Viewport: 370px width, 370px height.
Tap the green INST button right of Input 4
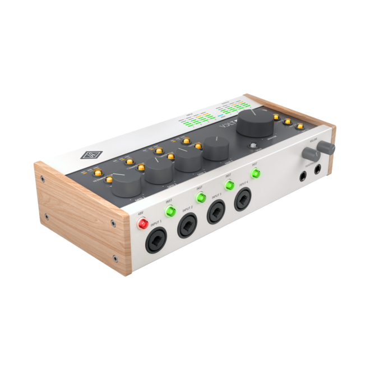pos(256,173)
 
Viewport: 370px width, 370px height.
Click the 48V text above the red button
pos(141,212)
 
